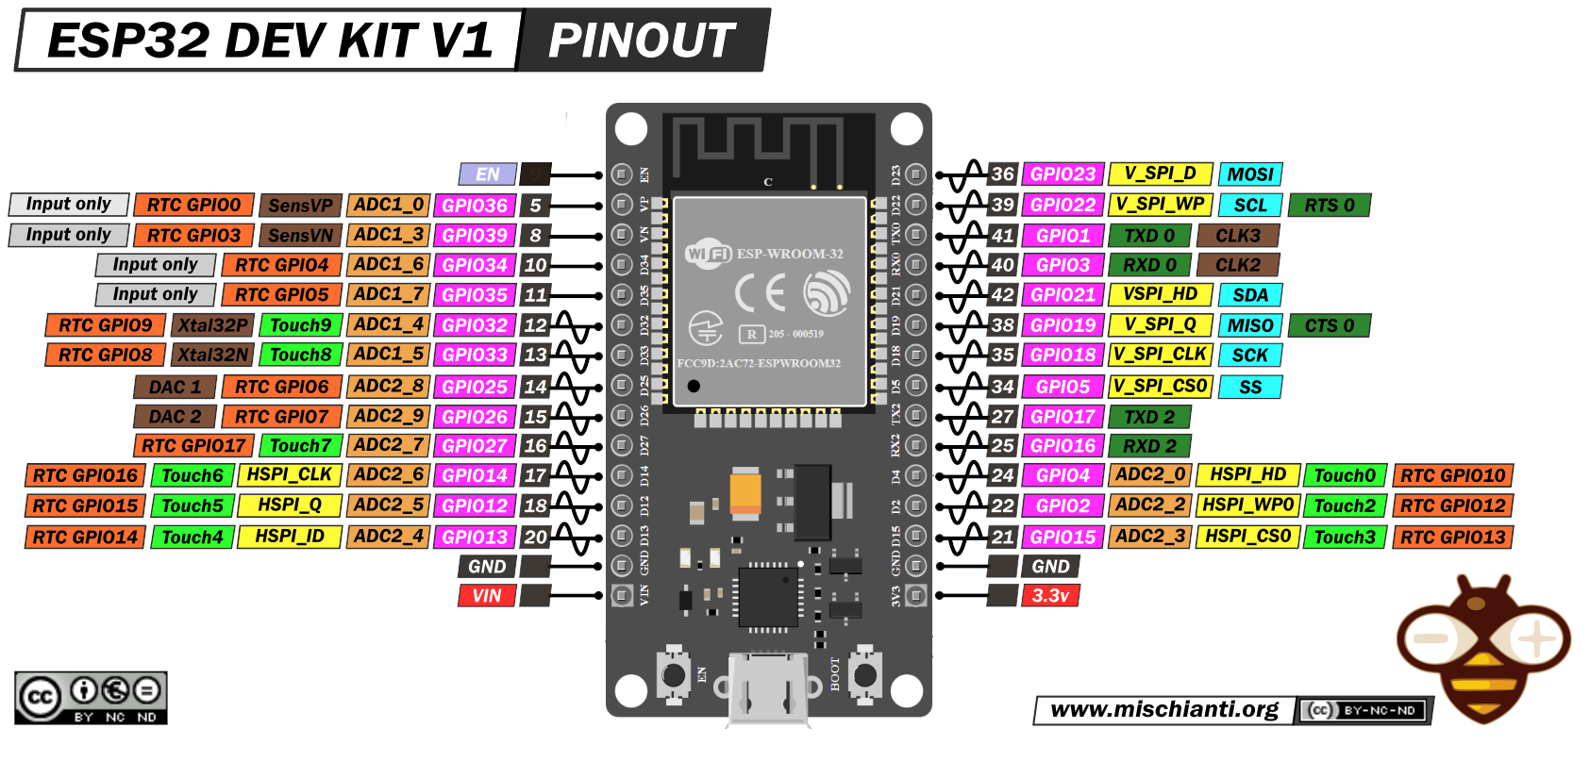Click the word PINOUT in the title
[642, 41]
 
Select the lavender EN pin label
[487, 174]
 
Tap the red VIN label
[487, 596]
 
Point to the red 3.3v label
[1050, 596]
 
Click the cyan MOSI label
[1250, 174]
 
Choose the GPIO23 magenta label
[1063, 174]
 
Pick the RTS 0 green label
[1329, 206]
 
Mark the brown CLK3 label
[1237, 236]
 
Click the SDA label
[1250, 295]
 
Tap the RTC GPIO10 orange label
[1452, 476]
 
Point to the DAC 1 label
[175, 387]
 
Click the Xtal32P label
[213, 325]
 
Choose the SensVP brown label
[300, 206]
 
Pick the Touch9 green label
[300, 325]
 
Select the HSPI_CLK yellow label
[289, 475]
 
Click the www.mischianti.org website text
[1164, 710]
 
